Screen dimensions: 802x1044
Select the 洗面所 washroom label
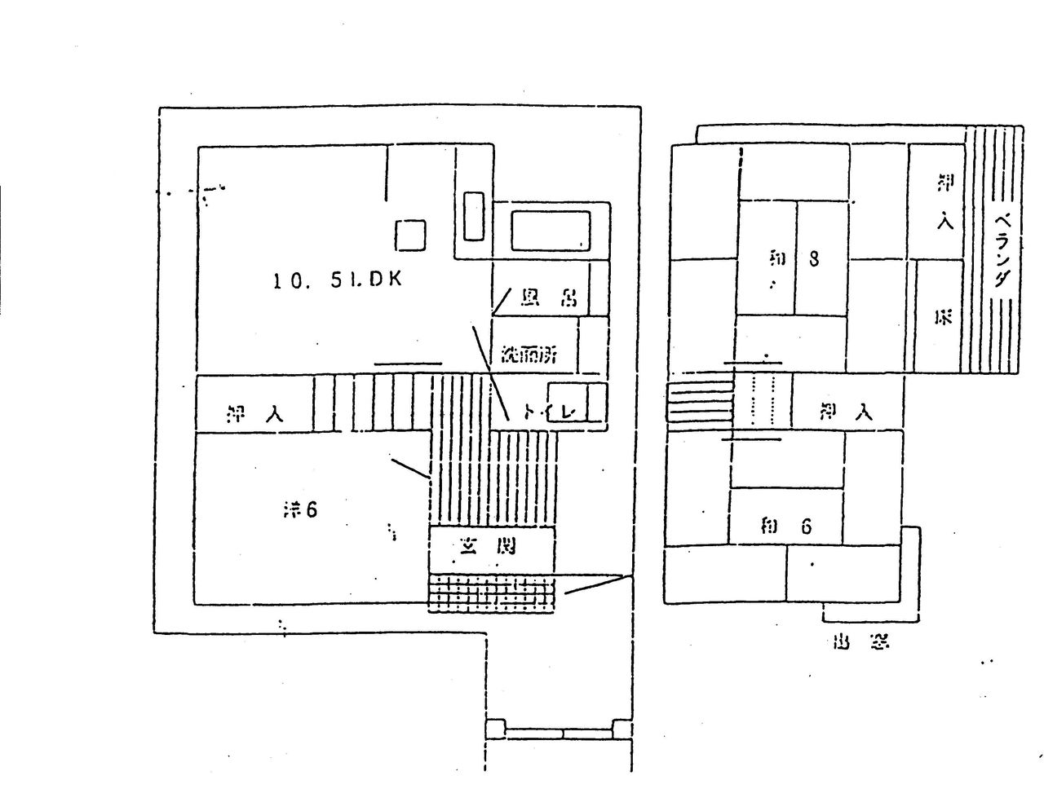pos(529,355)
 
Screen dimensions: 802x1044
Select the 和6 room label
pos(785,526)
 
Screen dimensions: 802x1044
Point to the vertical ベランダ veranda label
pos(1004,250)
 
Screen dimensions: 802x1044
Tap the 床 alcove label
pos(944,318)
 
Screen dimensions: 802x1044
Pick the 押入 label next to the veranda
pos(944,200)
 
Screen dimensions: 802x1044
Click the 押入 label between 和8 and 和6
pos(847,412)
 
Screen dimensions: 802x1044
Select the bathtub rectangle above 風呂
pos(551,231)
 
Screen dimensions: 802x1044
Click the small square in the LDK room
pos(410,235)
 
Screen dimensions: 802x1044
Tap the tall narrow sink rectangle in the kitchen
pos(474,216)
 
